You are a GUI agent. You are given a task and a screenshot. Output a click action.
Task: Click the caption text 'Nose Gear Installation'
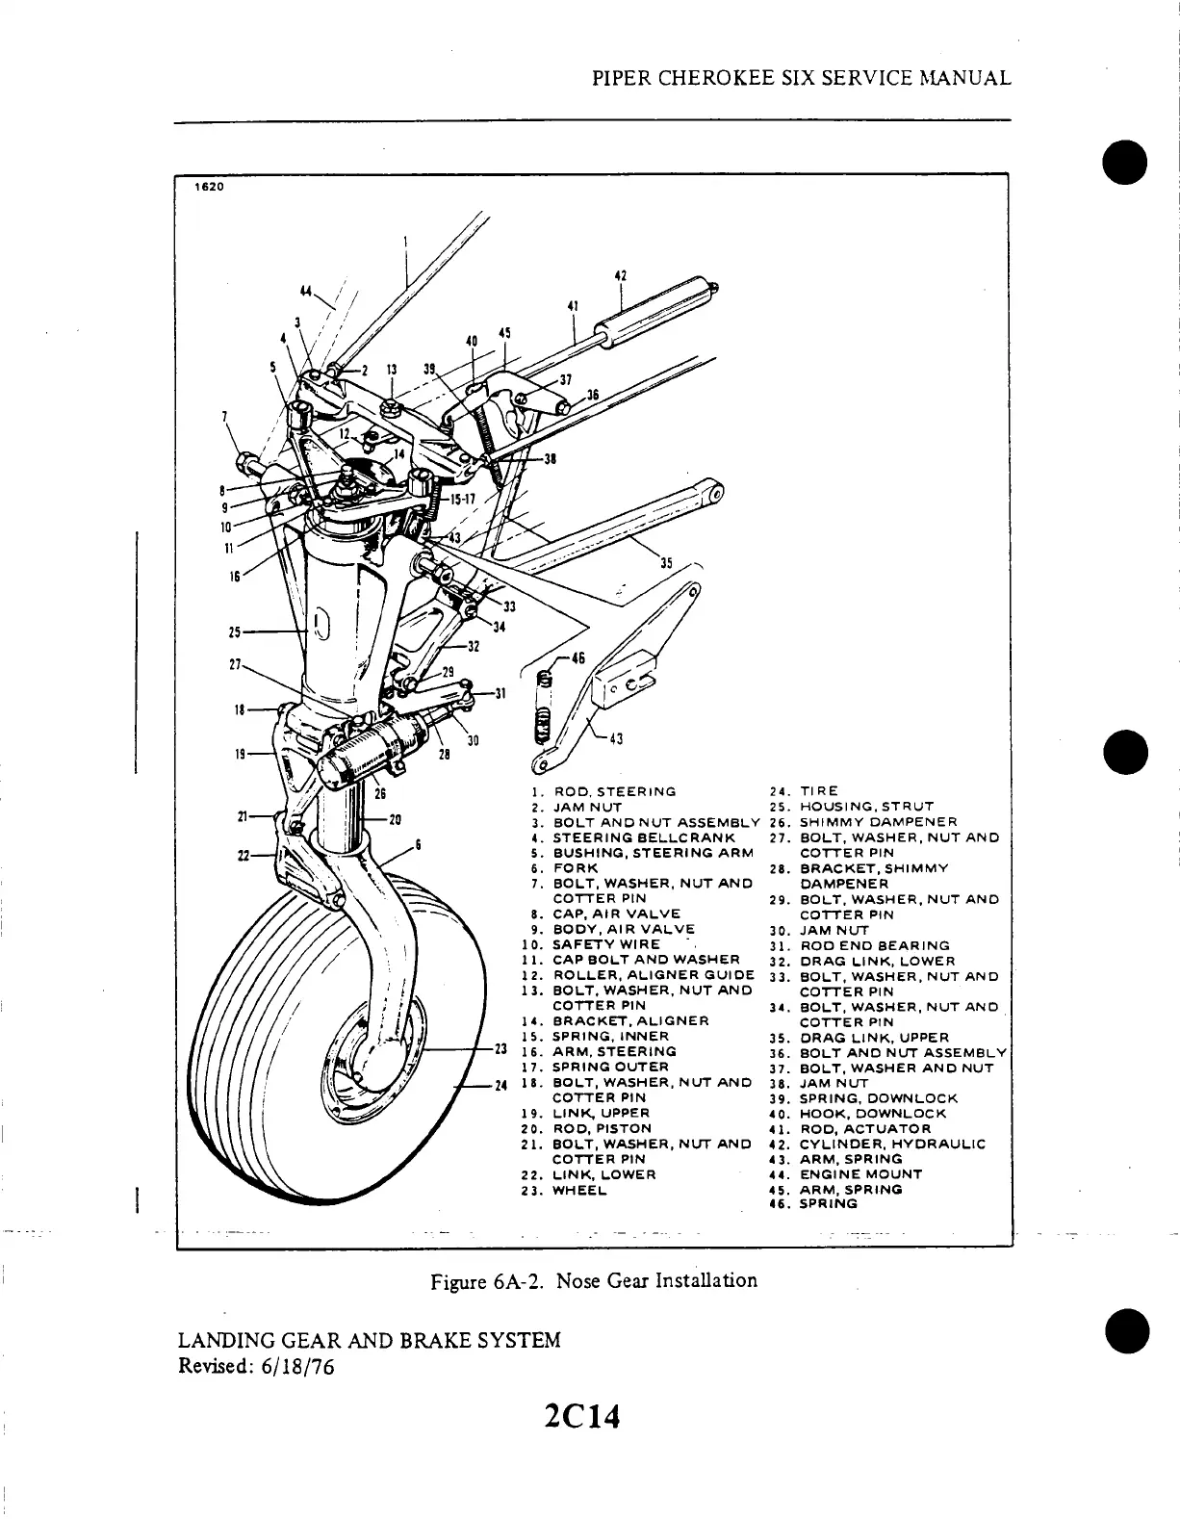(656, 1280)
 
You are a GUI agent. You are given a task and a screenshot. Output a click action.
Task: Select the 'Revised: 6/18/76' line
(256, 1366)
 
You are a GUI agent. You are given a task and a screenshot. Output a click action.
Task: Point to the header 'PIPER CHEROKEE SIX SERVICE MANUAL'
(801, 79)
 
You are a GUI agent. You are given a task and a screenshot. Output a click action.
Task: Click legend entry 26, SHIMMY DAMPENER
(874, 822)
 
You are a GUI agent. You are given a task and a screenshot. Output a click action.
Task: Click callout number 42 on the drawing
(621, 276)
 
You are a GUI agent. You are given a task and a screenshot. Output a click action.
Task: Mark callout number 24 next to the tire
(500, 1086)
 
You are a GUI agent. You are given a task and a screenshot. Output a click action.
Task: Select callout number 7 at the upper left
(224, 416)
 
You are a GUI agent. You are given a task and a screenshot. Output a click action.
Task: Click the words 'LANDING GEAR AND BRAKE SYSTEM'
(370, 1340)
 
